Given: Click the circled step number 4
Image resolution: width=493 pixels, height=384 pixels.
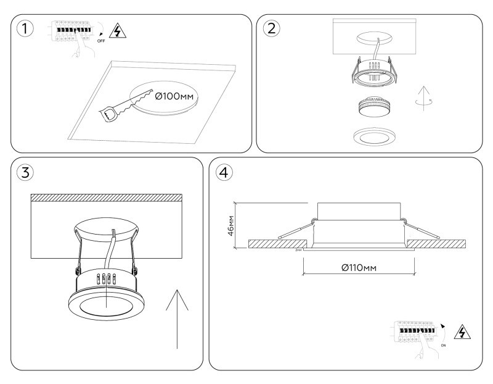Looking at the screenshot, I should (225, 173).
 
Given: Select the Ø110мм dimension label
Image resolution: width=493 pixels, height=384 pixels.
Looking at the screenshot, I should (359, 267).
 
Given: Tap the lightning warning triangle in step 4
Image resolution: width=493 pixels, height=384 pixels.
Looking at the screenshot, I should (460, 332).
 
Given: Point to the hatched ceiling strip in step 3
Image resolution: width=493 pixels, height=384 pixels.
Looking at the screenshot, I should (106, 198).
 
